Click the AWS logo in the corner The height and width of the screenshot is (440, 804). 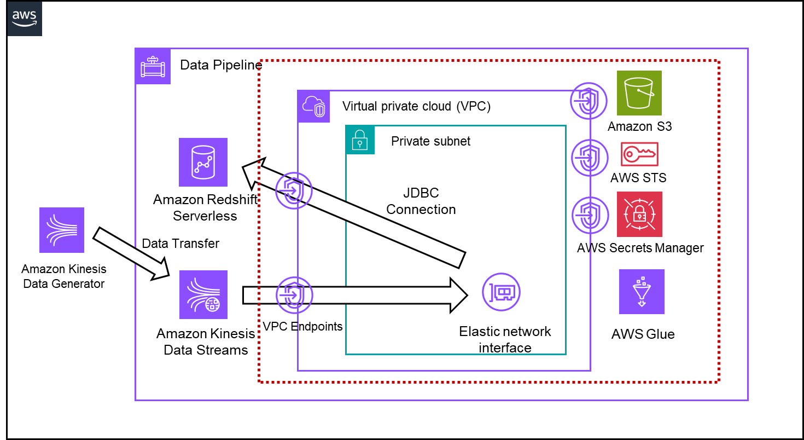25,18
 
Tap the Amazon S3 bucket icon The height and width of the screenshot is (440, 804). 639,93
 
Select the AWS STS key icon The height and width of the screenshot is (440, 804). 639,154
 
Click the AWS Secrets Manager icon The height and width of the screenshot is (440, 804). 639,214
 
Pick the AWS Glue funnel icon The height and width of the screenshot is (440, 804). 642,292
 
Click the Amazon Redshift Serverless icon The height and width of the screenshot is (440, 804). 203,163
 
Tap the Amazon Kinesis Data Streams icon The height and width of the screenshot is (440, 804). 203,294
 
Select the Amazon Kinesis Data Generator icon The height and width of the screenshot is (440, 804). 62,230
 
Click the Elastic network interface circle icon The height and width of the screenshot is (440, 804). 501,292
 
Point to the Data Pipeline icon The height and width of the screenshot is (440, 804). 153,66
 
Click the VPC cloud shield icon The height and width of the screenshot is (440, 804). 314,106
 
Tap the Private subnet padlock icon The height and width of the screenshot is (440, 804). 360,140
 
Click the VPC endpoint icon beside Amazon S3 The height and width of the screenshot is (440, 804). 589,101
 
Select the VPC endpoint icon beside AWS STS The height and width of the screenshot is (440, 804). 590,158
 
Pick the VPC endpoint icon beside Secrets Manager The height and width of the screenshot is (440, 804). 590,215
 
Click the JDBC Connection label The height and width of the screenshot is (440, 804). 421,201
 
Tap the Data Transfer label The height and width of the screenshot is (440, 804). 180,244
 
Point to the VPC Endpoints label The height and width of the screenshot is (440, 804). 302,327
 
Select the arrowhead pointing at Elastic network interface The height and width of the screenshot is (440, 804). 459,296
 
